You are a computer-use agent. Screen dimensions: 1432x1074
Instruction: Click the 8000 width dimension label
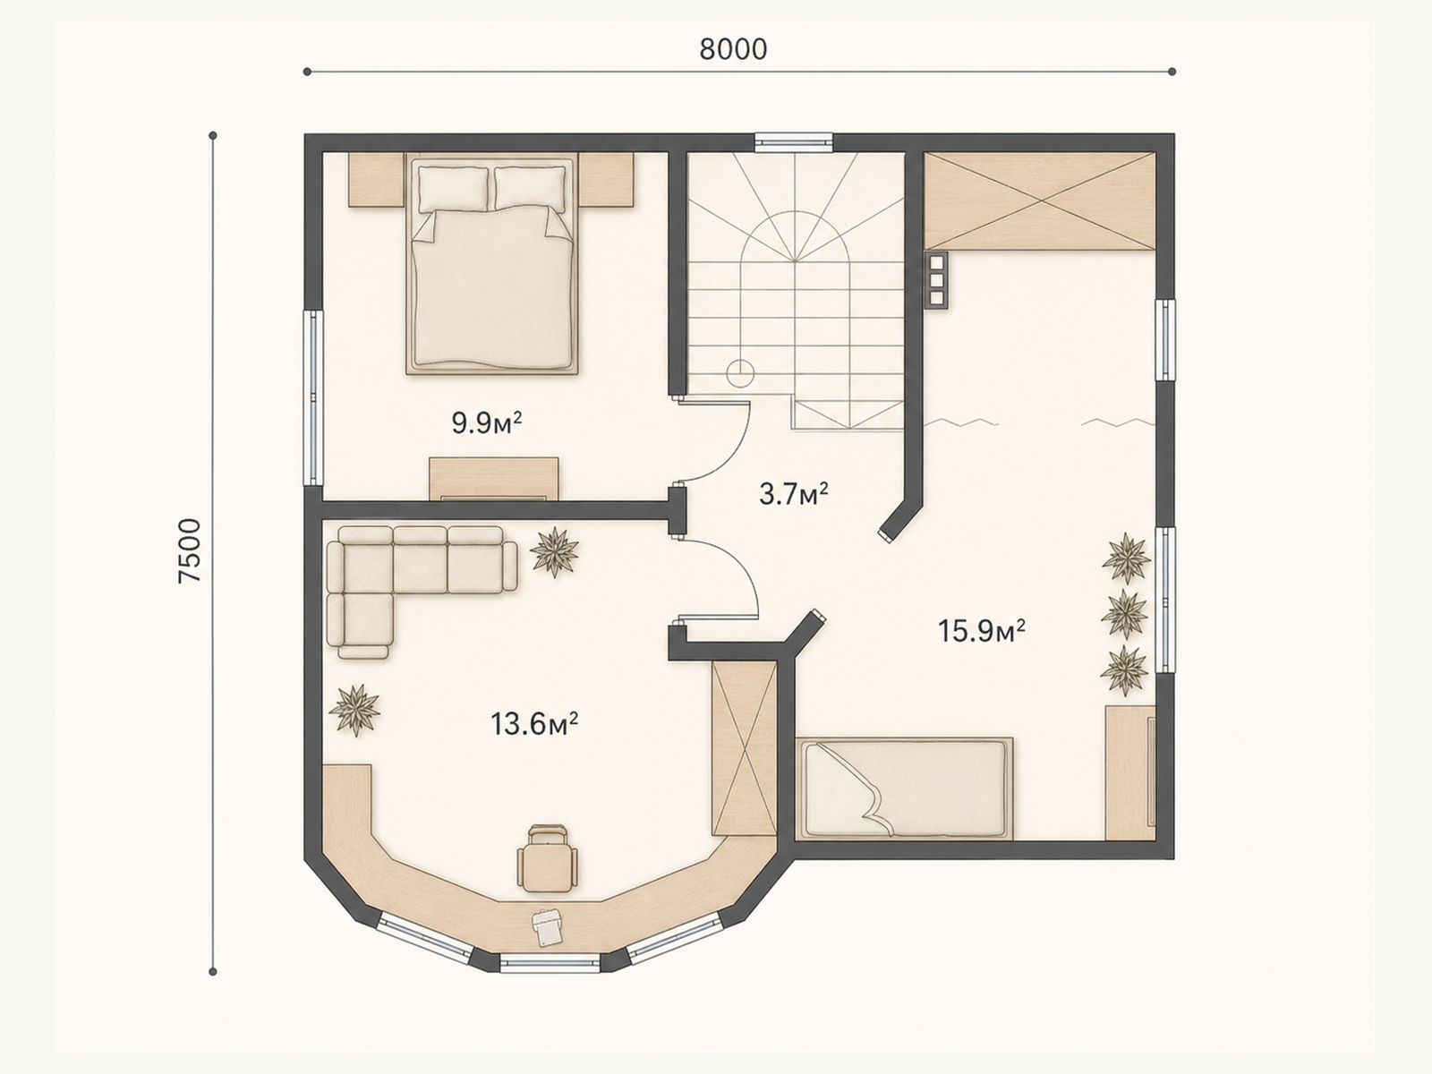[x=733, y=49]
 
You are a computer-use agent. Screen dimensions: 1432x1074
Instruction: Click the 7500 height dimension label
[x=191, y=551]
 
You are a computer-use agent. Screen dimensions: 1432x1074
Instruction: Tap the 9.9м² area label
[x=487, y=424]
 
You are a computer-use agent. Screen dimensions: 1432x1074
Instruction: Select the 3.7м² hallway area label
[x=794, y=494]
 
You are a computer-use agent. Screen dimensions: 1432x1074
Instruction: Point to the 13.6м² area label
[x=534, y=724]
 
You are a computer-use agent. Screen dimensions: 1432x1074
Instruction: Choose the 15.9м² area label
[x=982, y=631]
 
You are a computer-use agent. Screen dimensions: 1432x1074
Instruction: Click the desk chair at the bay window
[x=548, y=857]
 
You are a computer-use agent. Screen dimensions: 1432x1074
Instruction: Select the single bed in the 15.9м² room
[x=904, y=788]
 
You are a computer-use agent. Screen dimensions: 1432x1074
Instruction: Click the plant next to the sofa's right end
[x=555, y=551]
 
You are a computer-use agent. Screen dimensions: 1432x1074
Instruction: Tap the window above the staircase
[x=794, y=142]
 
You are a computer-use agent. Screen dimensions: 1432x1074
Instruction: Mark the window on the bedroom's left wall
[x=314, y=397]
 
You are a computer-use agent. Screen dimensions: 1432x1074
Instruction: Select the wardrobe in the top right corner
[x=1040, y=200]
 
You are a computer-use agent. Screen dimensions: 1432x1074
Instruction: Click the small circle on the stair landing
[x=740, y=373]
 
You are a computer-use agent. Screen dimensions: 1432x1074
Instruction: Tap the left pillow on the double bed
[x=453, y=188]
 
